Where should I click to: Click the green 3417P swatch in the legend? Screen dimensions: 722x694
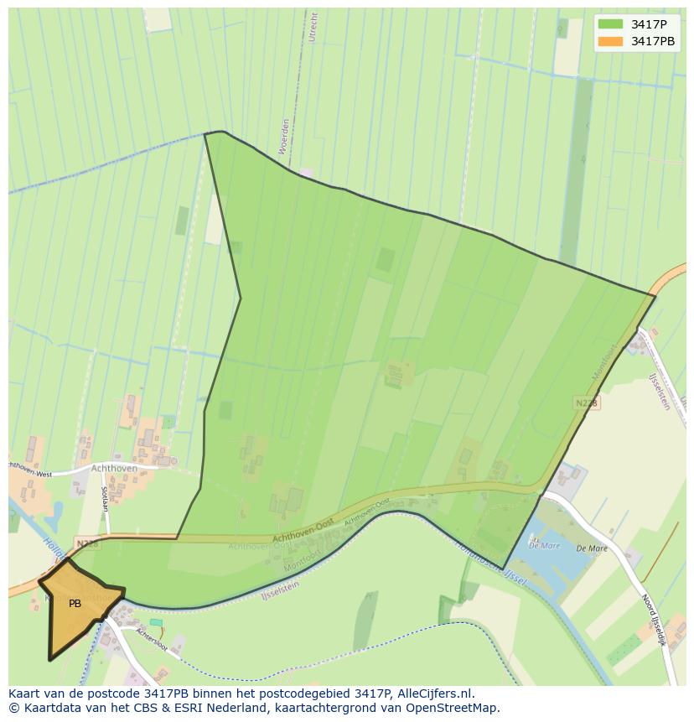tap(611, 24)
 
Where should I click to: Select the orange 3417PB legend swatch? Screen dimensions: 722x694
tap(611, 41)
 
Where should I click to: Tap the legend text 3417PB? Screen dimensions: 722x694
tap(653, 41)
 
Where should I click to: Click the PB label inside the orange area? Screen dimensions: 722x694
tap(75, 604)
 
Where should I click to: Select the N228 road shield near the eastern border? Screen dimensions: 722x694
tap(587, 403)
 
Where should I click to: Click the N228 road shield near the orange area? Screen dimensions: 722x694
tap(85, 543)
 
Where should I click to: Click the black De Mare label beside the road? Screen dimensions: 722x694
tap(592, 549)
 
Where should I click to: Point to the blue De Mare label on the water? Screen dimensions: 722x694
tap(544, 545)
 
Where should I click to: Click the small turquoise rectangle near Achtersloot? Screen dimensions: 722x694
tap(157, 622)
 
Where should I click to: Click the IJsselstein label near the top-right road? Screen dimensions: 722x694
tap(660, 391)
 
